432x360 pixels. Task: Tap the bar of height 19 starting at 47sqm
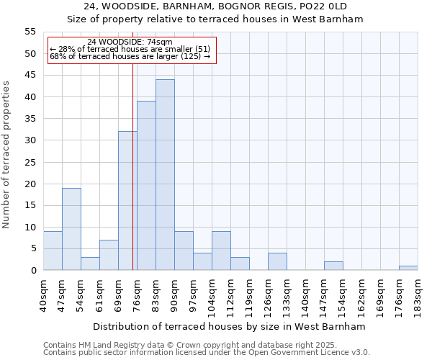click(71, 229)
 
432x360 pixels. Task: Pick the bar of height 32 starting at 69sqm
click(127, 201)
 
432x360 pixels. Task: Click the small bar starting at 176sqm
click(408, 268)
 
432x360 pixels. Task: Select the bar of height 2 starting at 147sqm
click(333, 266)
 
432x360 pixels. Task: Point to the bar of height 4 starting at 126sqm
click(277, 262)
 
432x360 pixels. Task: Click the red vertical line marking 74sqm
click(133, 180)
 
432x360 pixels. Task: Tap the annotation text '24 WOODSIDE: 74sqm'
click(130, 42)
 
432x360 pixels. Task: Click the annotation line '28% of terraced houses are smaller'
click(130, 49)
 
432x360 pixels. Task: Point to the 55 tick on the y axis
click(30, 32)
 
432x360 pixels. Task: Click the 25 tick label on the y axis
click(30, 162)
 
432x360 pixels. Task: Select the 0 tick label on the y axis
click(33, 271)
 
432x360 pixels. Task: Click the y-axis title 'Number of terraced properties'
click(6, 154)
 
